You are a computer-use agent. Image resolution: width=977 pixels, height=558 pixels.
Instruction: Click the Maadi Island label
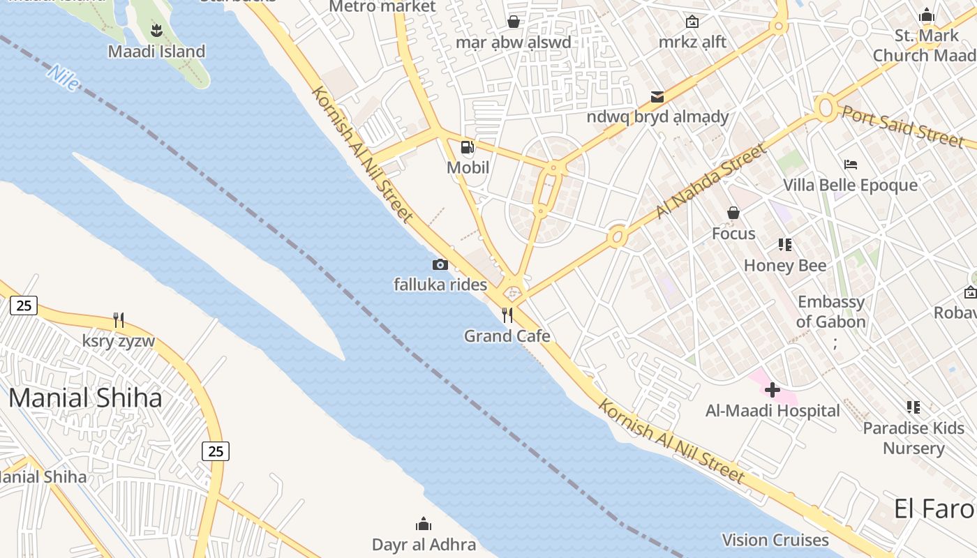[156, 52]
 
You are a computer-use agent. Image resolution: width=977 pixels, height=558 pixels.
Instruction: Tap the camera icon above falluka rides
[440, 264]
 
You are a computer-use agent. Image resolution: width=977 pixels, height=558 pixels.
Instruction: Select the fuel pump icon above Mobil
[468, 147]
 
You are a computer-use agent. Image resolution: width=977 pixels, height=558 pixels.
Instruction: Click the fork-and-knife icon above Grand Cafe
[507, 315]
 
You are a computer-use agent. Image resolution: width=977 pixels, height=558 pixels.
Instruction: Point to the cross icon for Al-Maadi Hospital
[773, 390]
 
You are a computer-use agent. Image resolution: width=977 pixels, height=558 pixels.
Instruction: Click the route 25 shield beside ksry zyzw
[24, 306]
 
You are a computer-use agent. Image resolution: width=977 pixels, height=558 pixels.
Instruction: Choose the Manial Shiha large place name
[85, 398]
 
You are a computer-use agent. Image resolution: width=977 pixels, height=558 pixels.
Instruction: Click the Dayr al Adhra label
[424, 545]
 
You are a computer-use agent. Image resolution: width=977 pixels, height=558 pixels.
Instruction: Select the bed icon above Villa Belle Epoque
[850, 165]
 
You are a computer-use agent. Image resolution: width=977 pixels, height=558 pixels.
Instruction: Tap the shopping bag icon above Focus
[733, 213]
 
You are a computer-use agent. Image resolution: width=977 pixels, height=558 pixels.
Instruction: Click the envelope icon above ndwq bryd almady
[657, 96]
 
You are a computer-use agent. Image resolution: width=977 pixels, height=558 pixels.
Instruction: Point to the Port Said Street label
[902, 126]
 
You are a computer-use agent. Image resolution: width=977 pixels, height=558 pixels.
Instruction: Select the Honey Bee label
[785, 266]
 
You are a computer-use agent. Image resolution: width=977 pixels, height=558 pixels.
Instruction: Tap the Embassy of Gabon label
[830, 312]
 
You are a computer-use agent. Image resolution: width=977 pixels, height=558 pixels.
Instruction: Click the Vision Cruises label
[775, 540]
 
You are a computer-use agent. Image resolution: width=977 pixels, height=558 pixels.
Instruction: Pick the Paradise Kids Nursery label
[913, 438]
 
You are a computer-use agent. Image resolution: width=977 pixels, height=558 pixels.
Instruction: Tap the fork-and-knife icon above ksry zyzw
[119, 320]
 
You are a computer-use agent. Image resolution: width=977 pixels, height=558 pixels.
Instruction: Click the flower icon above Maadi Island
[156, 30]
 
